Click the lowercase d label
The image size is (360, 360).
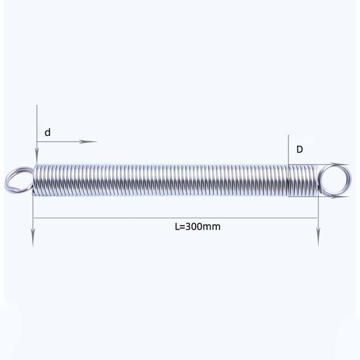tap(48, 132)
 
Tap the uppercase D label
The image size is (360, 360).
tap(300, 149)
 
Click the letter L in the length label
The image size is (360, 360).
tap(177, 227)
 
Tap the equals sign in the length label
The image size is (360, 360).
tap(182, 227)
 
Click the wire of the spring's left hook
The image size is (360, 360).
tap(7, 180)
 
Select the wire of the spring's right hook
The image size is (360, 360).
tap(350, 180)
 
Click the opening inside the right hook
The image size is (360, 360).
tap(334, 180)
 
